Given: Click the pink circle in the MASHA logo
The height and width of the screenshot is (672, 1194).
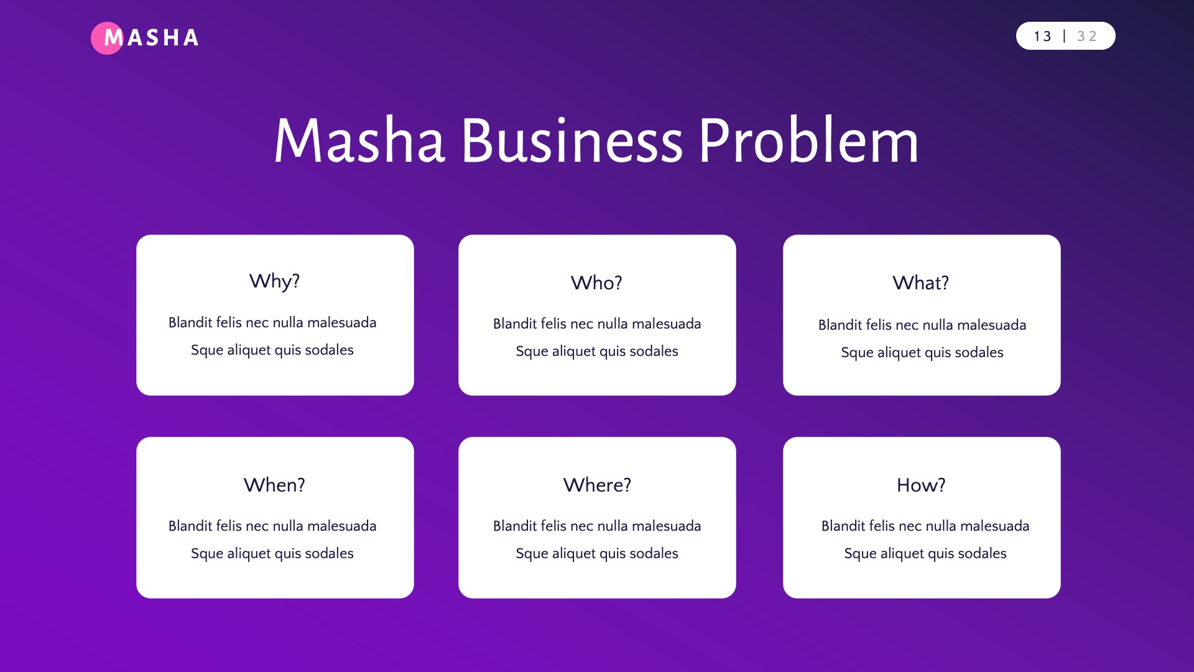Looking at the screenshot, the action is click(x=107, y=38).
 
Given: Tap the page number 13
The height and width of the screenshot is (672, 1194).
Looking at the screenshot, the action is click(x=1042, y=37).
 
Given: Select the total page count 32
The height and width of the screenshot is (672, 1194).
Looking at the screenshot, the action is click(x=1086, y=37).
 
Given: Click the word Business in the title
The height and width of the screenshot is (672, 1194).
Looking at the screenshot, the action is click(x=572, y=141).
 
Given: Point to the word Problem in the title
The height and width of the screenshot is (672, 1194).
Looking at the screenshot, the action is click(x=808, y=141).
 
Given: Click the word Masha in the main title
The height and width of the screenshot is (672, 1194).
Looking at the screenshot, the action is click(x=359, y=141).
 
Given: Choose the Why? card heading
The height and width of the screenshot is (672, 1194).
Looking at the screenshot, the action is click(x=274, y=281).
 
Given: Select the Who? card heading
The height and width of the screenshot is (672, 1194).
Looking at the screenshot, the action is click(x=596, y=283).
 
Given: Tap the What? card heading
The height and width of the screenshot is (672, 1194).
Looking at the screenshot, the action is click(x=921, y=283).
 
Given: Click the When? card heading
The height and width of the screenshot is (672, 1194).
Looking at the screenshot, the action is click(x=274, y=485).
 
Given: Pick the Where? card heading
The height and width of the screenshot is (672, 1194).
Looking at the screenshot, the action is click(x=597, y=485).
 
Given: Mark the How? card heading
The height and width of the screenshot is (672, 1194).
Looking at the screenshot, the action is click(x=921, y=485).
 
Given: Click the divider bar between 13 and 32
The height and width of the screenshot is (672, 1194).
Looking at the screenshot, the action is click(x=1064, y=36).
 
